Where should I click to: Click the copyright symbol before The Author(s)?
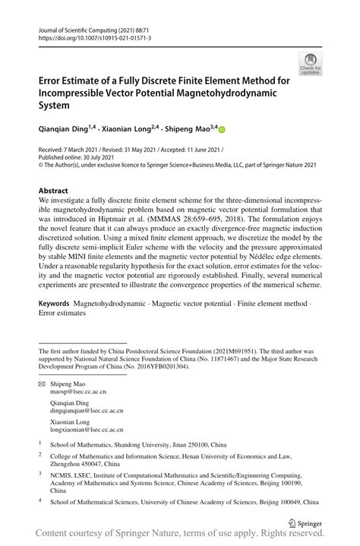pos(42,168)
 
